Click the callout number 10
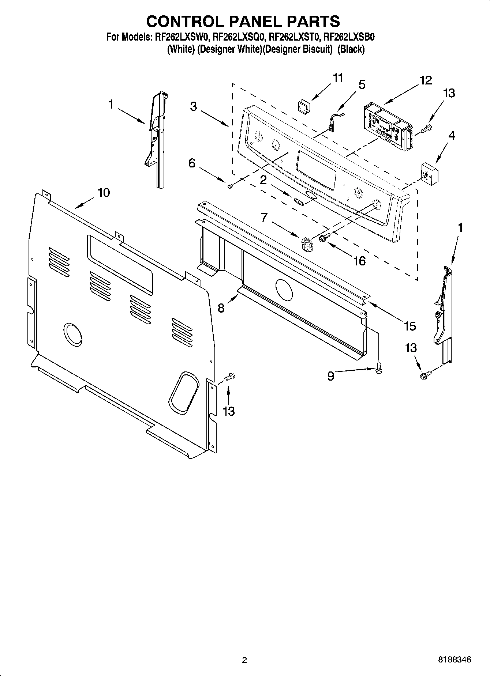[104, 193]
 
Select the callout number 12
[426, 80]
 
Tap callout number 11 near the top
[337, 78]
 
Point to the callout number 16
[360, 261]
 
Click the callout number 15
[410, 325]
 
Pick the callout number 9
[330, 376]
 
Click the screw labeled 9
[379, 370]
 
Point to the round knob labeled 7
[307, 243]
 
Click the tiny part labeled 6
[230, 186]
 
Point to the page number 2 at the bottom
[244, 660]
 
